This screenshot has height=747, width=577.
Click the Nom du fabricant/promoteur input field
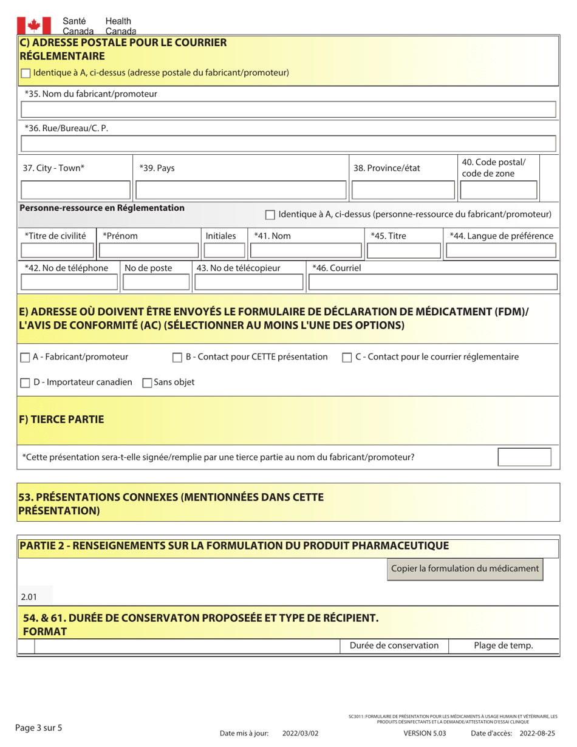click(x=288, y=110)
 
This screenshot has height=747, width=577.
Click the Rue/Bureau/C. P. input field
click(x=288, y=144)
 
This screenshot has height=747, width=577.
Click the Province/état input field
click(x=401, y=191)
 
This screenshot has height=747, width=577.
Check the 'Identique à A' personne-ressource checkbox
click(x=271, y=215)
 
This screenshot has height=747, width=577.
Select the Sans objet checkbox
click(x=147, y=383)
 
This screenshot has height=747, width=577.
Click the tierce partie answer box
click(x=524, y=457)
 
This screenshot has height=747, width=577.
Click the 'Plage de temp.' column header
click(x=503, y=646)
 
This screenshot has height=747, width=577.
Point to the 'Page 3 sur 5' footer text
click(x=39, y=727)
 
